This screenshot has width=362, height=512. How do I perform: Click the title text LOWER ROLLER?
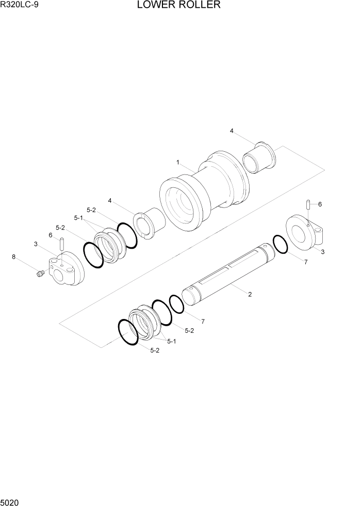coord(179,6)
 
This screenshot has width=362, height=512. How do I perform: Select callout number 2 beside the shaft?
coord(250,295)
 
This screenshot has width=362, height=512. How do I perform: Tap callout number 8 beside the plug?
coord(13,256)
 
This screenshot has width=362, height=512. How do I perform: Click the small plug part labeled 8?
coord(39,274)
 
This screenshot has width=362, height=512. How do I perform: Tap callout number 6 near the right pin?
coord(320,204)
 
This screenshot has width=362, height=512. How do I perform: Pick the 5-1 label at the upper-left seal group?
coord(78,218)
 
